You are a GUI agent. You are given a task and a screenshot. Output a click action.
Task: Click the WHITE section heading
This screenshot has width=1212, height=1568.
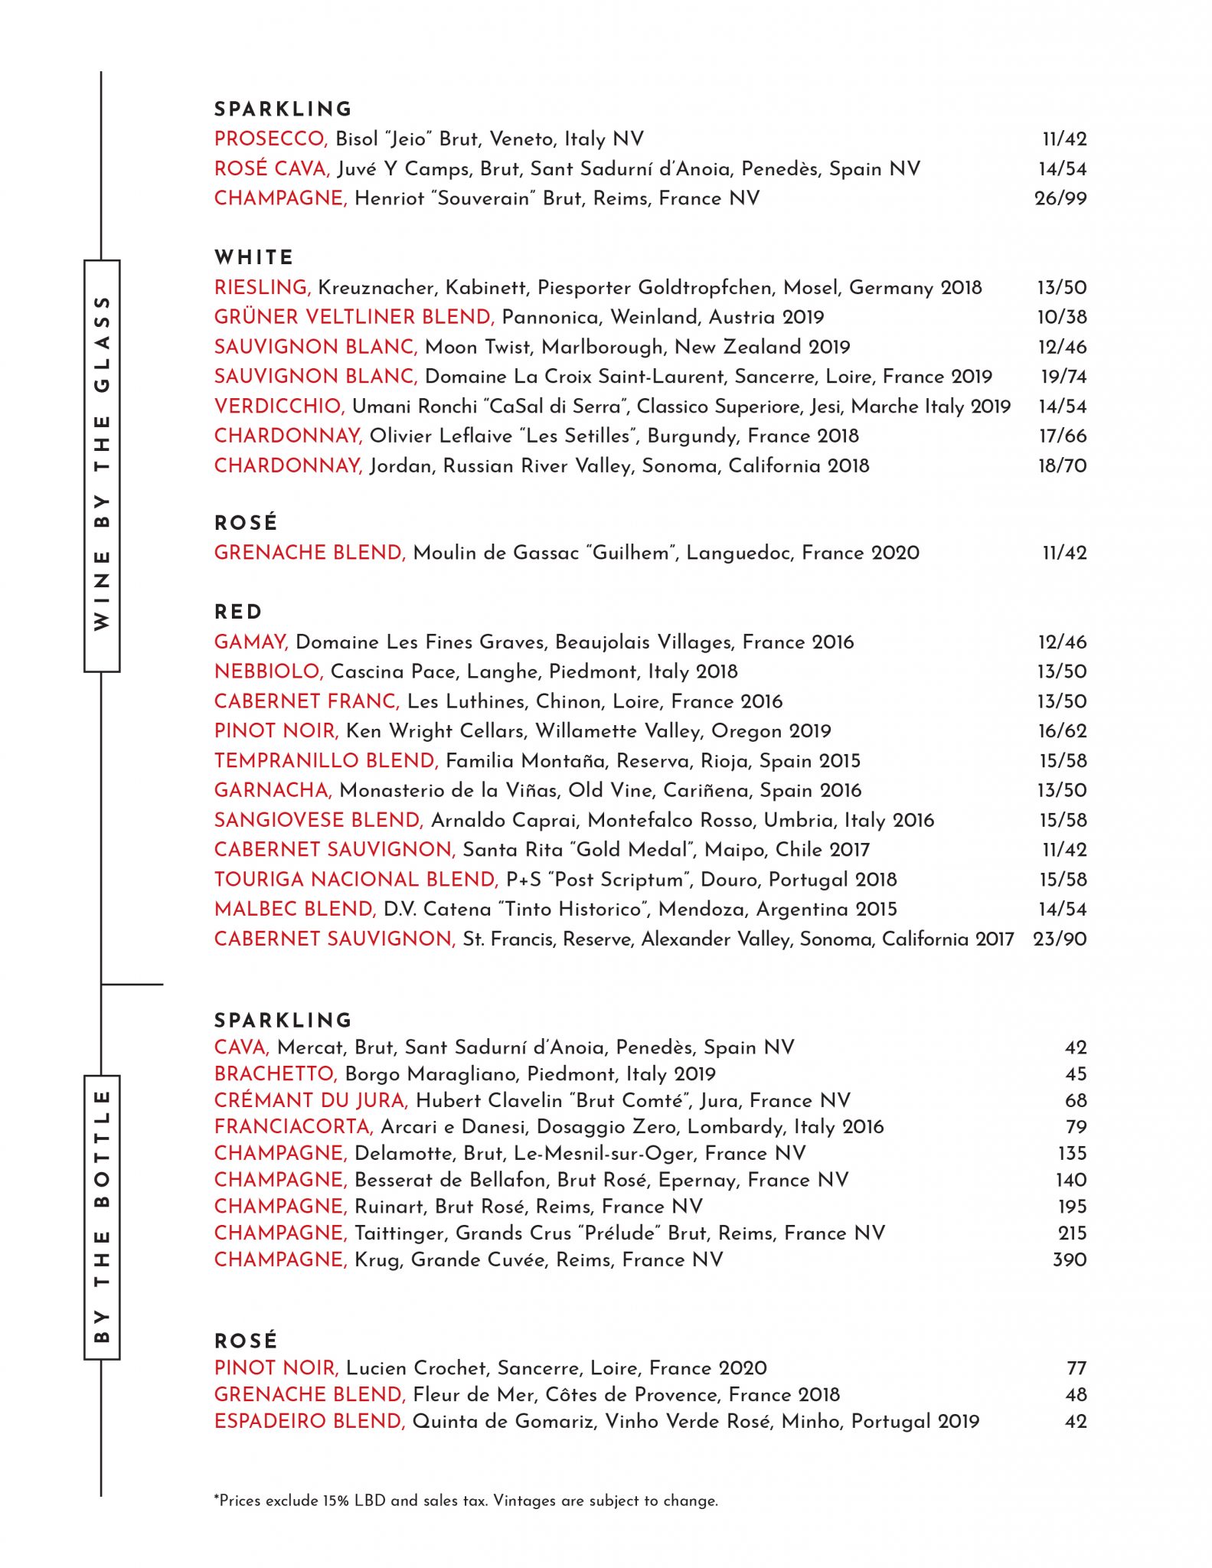[x=253, y=257]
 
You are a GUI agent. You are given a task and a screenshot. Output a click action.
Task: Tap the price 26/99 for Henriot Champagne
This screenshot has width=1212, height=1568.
[x=1060, y=198]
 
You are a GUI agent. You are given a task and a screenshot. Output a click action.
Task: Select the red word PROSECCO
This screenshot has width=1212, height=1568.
[x=270, y=139]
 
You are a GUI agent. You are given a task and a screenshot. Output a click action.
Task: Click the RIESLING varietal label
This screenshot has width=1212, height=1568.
[x=262, y=287]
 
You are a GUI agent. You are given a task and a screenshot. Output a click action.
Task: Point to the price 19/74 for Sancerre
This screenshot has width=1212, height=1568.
[x=1063, y=377]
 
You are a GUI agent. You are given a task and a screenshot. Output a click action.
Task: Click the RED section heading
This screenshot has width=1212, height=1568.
[x=238, y=612]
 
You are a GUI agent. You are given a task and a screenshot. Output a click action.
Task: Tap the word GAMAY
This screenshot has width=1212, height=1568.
[x=250, y=642]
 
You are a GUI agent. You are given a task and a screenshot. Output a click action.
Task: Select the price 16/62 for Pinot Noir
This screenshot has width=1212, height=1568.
[x=1062, y=731]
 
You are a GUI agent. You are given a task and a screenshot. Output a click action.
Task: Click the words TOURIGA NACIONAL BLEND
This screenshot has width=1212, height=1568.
[x=356, y=879]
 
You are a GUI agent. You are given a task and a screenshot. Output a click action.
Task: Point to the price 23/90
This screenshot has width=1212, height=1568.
[x=1059, y=939]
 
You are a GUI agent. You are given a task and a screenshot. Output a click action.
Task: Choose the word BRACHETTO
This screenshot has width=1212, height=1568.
[x=276, y=1073]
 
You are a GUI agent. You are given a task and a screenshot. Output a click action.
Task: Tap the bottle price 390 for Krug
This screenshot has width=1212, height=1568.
[x=1069, y=1259]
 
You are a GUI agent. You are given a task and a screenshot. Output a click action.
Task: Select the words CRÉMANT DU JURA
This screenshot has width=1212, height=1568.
[x=311, y=1100]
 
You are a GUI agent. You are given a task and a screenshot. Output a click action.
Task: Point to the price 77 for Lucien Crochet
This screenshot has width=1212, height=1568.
[x=1076, y=1368]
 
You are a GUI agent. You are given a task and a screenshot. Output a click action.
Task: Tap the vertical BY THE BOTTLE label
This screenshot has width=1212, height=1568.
[x=102, y=1217]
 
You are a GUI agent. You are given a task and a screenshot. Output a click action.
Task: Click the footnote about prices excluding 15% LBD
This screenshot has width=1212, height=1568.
[x=466, y=1501]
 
